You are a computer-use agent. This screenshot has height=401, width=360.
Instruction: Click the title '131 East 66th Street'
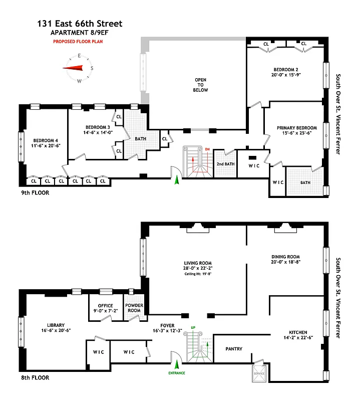(80, 24)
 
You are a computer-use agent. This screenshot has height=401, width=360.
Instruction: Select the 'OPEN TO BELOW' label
(200, 85)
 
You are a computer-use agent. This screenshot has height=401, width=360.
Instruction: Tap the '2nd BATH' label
(225, 164)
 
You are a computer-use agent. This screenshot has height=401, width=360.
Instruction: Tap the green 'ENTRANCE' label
(176, 373)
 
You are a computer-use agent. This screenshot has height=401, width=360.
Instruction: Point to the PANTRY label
(234, 348)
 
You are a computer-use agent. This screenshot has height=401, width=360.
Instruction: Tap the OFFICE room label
(105, 306)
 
